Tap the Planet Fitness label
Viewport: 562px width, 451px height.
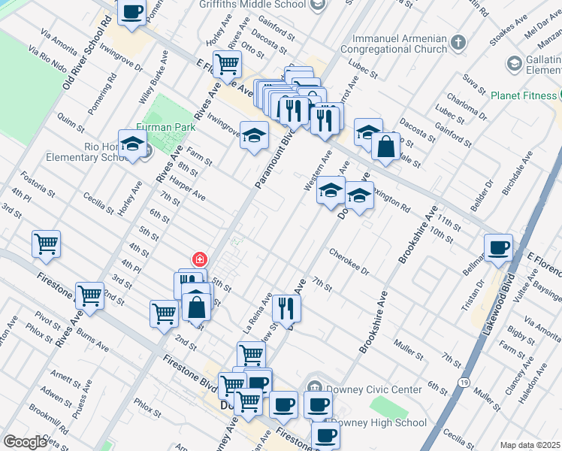coord(524,95)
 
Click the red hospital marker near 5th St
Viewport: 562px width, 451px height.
coord(200,259)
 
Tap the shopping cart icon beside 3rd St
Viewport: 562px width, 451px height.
coord(46,244)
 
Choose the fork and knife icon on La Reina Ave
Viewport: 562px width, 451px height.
coord(286,307)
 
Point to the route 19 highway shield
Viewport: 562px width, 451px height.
coord(467,382)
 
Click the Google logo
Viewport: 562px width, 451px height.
coord(25,442)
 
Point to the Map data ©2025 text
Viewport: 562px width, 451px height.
coord(530,445)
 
